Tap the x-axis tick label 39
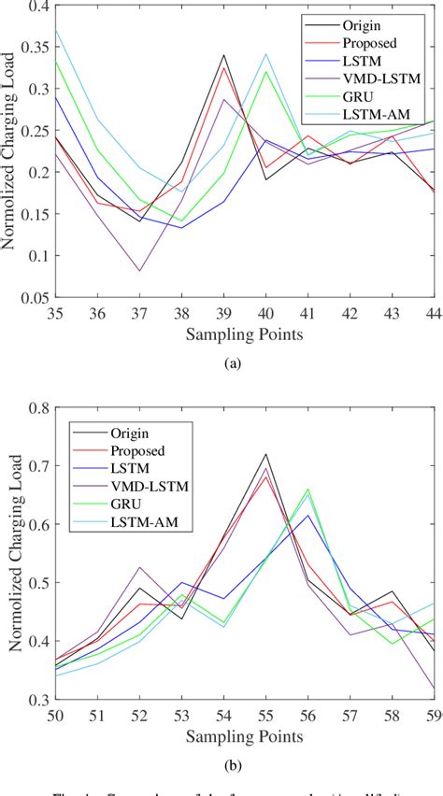pos(224,312)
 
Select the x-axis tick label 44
pos(433,312)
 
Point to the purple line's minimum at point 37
pos(141,271)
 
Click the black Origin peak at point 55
pos(265,454)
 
